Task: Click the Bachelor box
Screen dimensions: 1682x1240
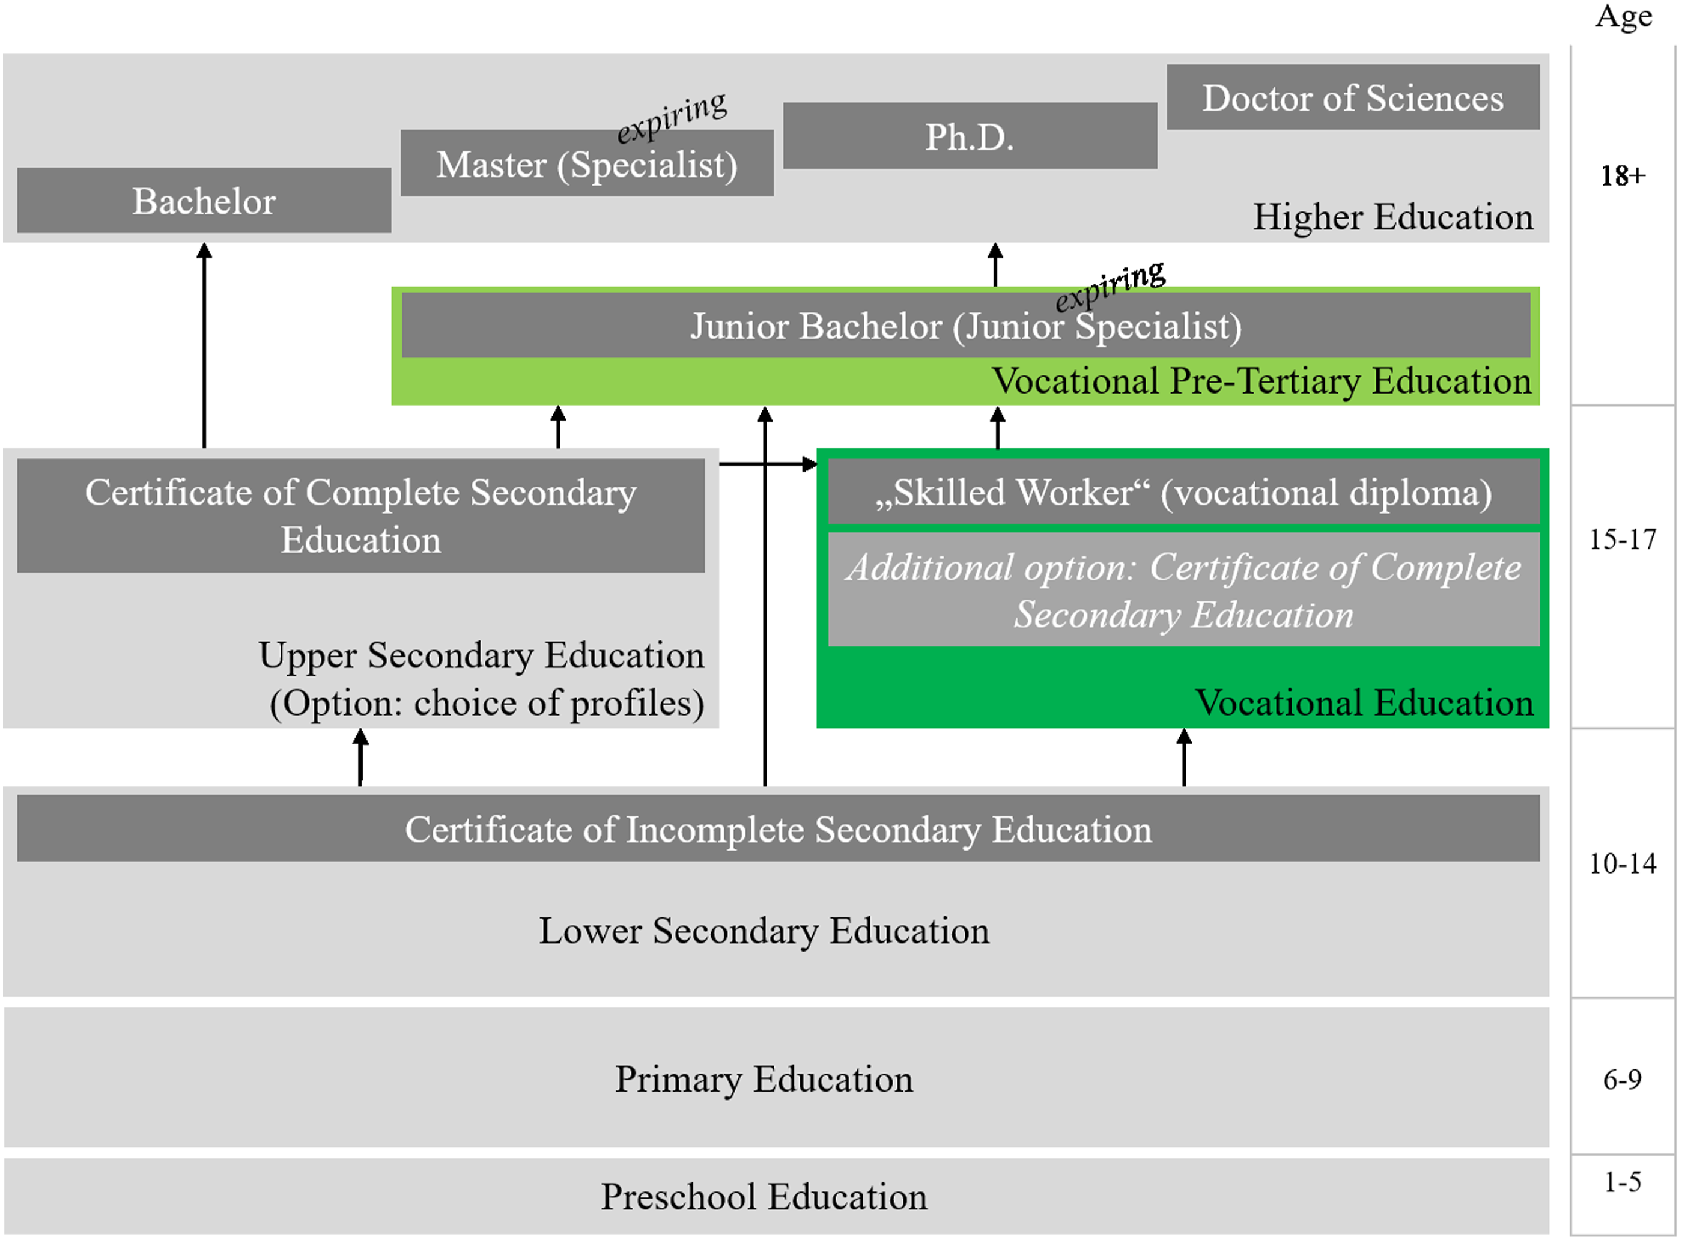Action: pos(204,201)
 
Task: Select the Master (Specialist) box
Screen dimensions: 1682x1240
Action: pos(587,163)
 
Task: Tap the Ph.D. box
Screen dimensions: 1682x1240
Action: pos(970,136)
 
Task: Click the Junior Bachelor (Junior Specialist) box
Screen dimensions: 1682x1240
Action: pos(966,325)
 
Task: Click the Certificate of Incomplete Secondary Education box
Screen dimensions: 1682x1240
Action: pos(779,828)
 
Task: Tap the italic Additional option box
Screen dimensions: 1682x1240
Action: pos(1183,590)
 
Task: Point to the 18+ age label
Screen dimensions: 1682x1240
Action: pos(1623,175)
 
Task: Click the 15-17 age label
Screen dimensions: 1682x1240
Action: pos(1623,539)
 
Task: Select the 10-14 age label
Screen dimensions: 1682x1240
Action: pos(1623,863)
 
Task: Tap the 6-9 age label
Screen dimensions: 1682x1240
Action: pos(1623,1080)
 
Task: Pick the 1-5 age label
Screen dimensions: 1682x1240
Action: pos(1623,1182)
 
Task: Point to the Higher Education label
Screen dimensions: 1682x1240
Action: pos(1393,217)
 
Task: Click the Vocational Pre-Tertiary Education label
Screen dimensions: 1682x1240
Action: pos(1261,380)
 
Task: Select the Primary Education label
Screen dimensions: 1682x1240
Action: pos(764,1080)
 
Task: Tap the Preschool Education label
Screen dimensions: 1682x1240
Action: pos(764,1197)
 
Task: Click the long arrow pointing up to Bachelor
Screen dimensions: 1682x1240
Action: pos(204,345)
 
